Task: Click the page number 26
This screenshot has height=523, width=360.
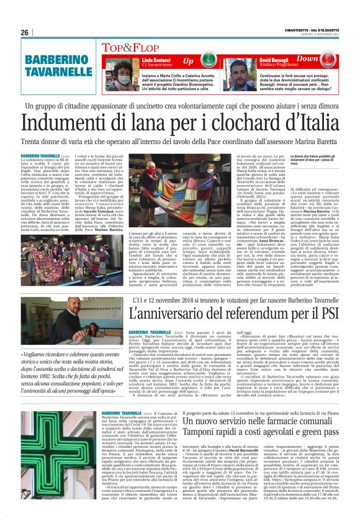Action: pyautogui.click(x=24, y=32)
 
